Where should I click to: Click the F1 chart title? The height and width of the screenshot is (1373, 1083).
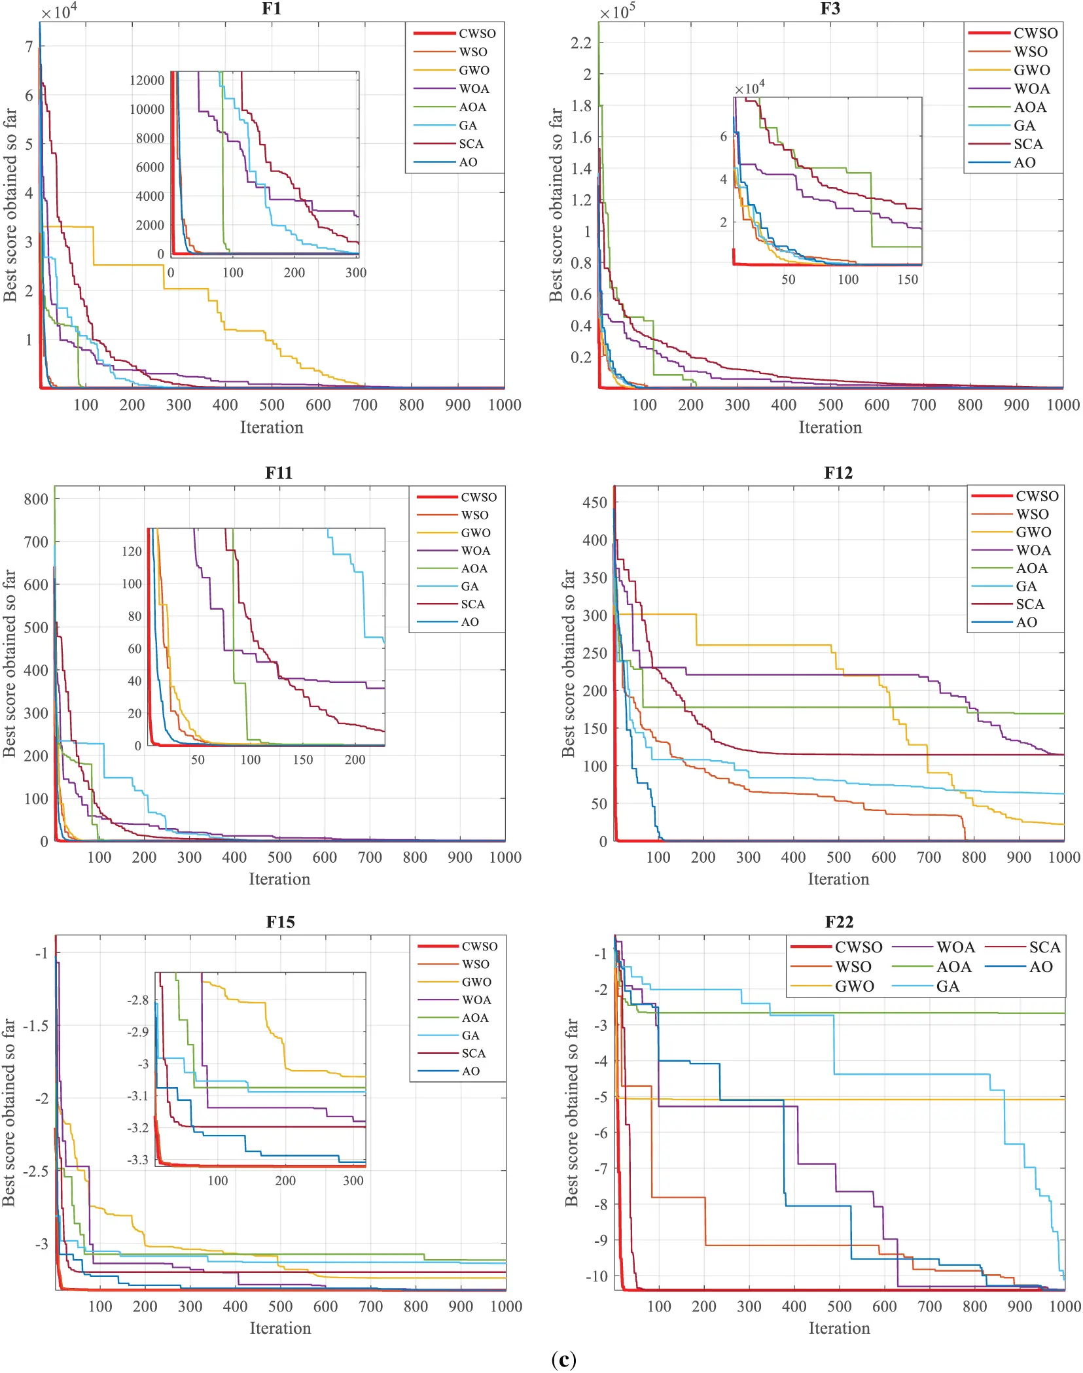[272, 9]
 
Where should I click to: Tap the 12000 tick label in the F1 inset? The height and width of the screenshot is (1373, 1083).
[147, 80]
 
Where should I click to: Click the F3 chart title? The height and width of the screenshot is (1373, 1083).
[830, 9]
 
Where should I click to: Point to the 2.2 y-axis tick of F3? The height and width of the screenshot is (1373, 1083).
[581, 43]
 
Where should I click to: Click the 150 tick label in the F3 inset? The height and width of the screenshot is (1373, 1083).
[908, 279]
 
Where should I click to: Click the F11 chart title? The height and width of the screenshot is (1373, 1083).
[279, 473]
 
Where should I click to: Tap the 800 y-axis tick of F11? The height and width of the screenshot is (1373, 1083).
[36, 499]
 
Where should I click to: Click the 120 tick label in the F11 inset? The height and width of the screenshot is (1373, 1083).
[132, 551]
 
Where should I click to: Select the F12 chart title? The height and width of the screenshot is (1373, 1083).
[838, 473]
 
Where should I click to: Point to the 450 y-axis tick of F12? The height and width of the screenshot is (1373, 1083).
[595, 502]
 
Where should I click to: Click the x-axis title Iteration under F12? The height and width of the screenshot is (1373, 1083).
[838, 879]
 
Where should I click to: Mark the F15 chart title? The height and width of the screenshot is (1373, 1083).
[280, 922]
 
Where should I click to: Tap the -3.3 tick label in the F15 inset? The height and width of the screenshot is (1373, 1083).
[137, 1160]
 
